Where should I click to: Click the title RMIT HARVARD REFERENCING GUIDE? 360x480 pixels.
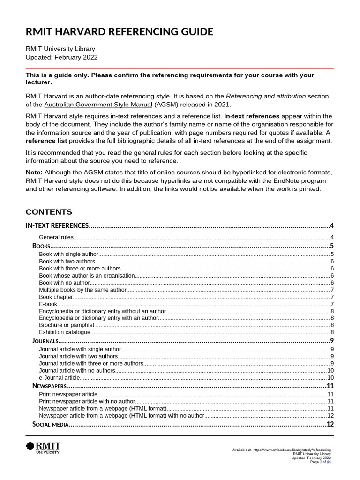pyautogui.click(x=119, y=32)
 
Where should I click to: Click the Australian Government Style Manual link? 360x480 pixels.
pyautogui.click(x=98, y=104)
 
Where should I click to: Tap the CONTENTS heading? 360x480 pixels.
pyautogui.click(x=49, y=211)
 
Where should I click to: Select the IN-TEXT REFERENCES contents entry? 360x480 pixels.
pyautogui.click(x=57, y=225)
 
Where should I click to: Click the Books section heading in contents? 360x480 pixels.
pyautogui.click(x=41, y=246)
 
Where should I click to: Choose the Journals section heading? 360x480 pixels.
pyautogui.click(x=45, y=341)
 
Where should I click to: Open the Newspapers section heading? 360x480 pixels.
pyautogui.click(x=50, y=386)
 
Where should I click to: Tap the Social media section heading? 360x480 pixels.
pyautogui.click(x=51, y=424)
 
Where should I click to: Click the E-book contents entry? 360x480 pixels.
pyautogui.click(x=48, y=304)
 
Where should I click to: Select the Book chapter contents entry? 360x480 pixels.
pyautogui.click(x=56, y=297)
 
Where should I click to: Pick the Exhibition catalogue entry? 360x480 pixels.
pyautogui.click(x=64, y=332)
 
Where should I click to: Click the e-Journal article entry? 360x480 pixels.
pyautogui.click(x=60, y=377)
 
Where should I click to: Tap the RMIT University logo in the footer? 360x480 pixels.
pyautogui.click(x=43, y=448)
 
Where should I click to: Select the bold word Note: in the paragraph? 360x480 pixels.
pyautogui.click(x=34, y=172)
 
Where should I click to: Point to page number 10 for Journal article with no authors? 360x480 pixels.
pyautogui.click(x=330, y=370)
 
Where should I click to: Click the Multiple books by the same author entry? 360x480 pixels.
pyautogui.click(x=82, y=290)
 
